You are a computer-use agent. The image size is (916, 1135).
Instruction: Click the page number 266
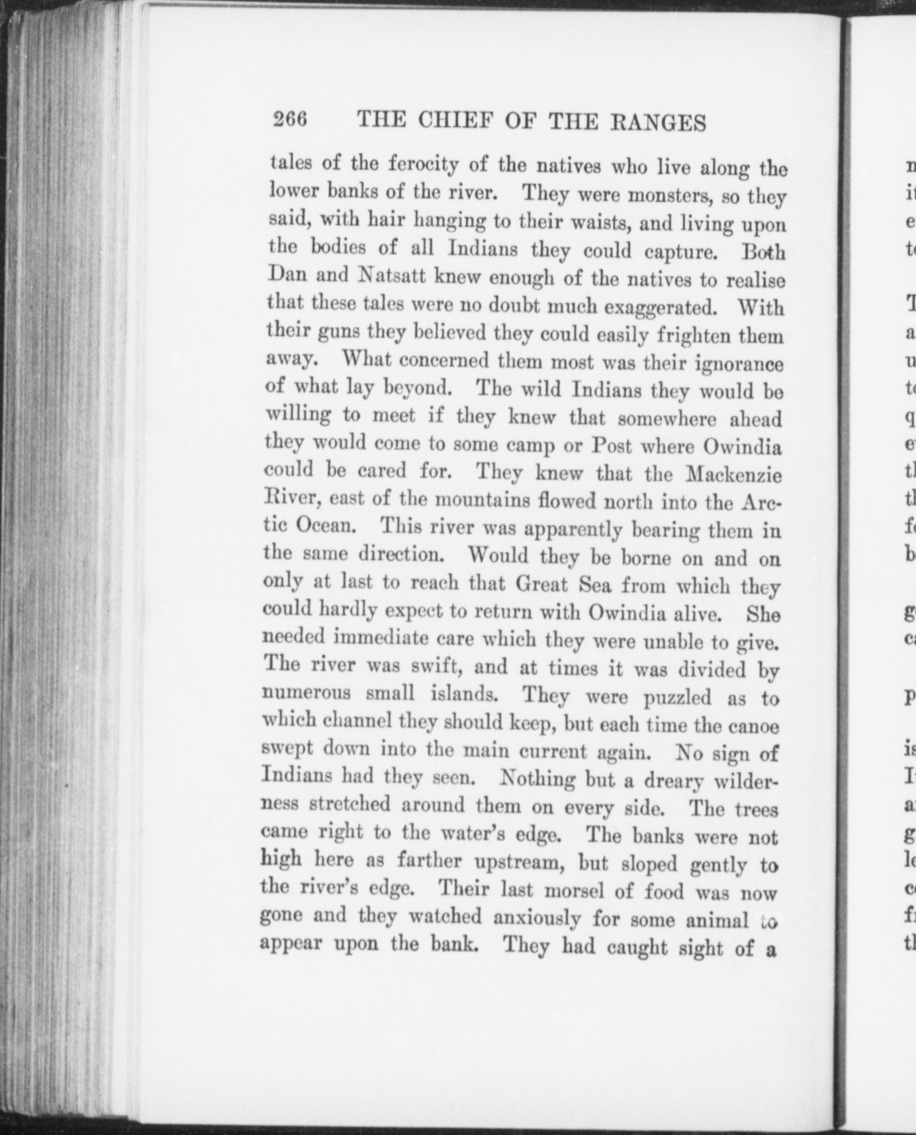point(290,120)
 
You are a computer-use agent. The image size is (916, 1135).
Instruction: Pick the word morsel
point(573,890)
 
